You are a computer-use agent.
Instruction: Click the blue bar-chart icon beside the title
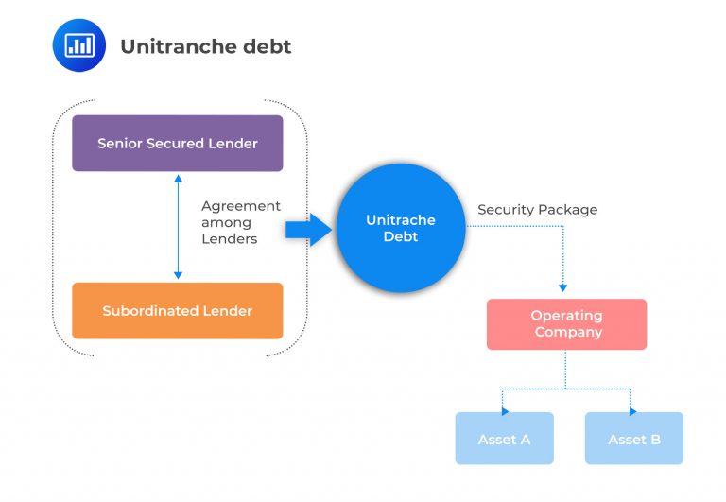coord(79,44)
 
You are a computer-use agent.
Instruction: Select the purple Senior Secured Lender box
coord(178,144)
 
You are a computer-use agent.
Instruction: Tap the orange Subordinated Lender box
coord(178,310)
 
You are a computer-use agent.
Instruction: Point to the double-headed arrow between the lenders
coord(178,227)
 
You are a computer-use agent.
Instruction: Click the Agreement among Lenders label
coord(241,222)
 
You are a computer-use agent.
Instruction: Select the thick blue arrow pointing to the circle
coord(308,229)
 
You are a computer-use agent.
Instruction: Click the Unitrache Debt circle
coord(401,228)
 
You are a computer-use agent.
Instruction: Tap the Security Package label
coord(537,210)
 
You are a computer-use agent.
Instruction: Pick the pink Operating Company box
coord(566,324)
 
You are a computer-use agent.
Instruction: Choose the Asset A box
coord(504,439)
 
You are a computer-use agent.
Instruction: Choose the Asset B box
coord(633,439)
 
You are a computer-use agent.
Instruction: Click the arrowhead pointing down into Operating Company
coord(563,286)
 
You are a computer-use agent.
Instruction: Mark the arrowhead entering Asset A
coord(505,411)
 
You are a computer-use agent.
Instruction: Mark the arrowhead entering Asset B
coord(632,411)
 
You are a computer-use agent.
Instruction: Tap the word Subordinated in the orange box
coord(151,310)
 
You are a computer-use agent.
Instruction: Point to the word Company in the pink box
coord(567,332)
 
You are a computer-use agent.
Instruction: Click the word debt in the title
coord(268,45)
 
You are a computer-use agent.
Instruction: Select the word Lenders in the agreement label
coord(227,239)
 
